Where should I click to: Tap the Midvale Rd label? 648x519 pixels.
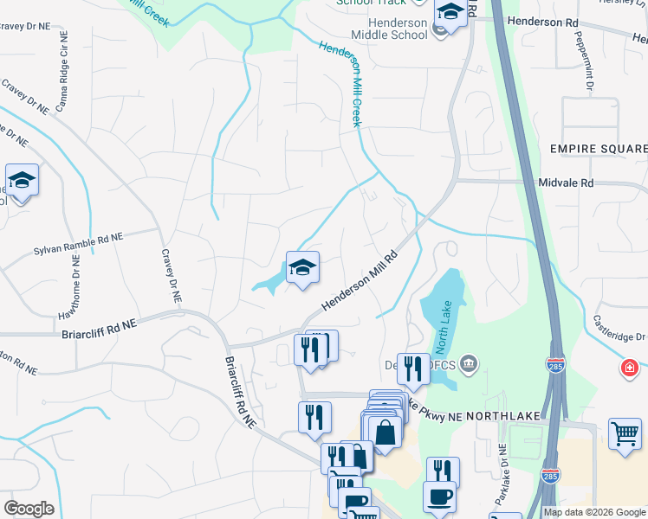(565, 183)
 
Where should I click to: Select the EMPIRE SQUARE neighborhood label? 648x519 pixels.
(599, 149)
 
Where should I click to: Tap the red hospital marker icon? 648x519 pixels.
(629, 370)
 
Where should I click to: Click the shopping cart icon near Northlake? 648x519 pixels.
(625, 432)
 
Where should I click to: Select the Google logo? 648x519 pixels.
(29, 509)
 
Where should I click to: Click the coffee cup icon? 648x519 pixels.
(439, 497)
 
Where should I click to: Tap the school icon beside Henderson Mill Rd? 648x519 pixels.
(302, 267)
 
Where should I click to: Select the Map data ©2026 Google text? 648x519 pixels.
(594, 512)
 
